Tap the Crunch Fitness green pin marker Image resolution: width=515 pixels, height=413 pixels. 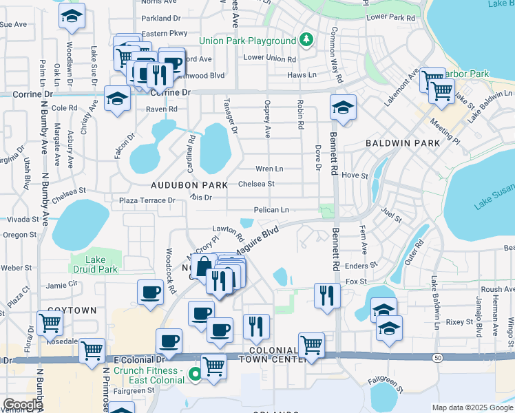pos(195,375)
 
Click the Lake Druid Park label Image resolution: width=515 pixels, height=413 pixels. pos(92,264)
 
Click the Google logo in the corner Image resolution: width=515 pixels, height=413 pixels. pos(23,405)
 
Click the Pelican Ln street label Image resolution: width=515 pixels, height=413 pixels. pos(271,210)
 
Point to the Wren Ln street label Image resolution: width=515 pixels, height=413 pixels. pos(269,169)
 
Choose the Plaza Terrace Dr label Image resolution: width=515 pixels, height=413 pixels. pos(148,200)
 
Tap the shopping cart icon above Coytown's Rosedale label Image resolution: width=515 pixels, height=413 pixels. pos(50,322)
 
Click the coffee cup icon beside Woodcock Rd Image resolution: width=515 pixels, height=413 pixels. pos(150,292)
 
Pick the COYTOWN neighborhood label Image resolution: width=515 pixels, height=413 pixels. pos(72,310)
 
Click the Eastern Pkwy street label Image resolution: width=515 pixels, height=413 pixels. pos(164,33)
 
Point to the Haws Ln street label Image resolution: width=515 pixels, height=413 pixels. pos(302,75)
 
